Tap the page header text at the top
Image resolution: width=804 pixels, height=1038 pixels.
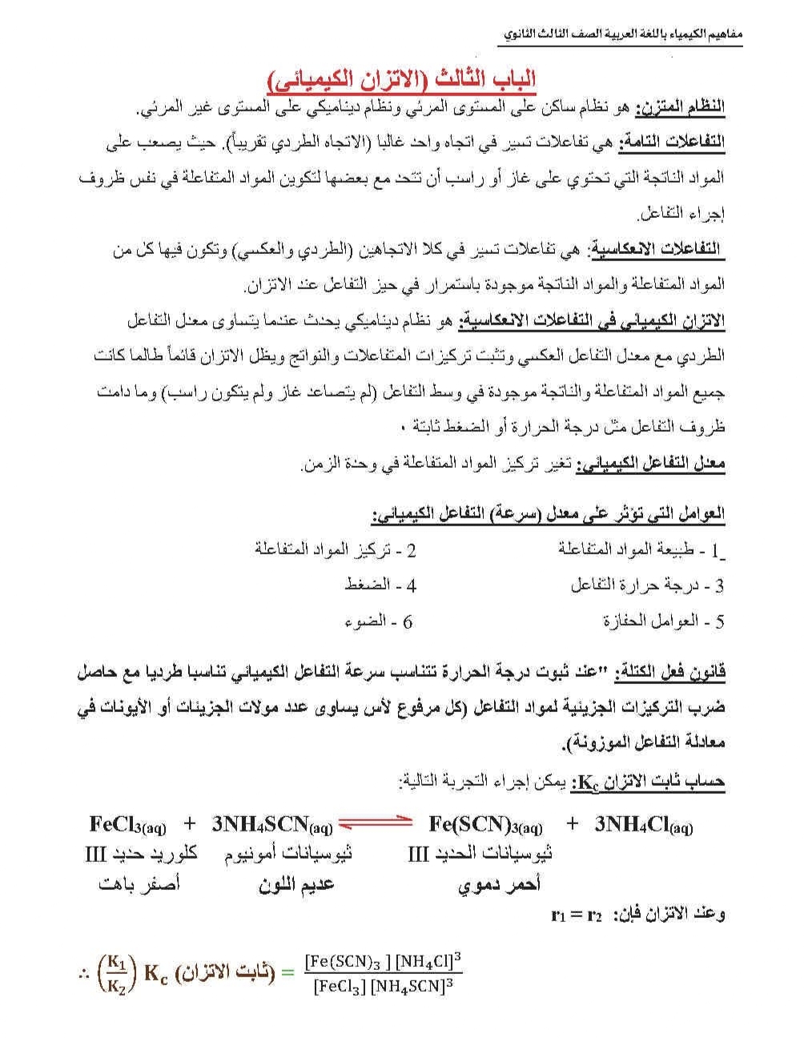[x=624, y=36]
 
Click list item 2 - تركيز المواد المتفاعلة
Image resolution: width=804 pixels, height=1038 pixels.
[x=336, y=549]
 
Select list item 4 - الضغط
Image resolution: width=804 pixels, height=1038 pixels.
[x=380, y=585]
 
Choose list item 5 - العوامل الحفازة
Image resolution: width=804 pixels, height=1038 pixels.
[x=663, y=621]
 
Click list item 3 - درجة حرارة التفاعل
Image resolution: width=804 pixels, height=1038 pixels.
[x=647, y=585]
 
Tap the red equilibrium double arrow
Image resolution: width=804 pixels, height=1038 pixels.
[x=375, y=824]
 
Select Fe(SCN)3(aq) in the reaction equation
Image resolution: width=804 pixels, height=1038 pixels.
[x=485, y=824]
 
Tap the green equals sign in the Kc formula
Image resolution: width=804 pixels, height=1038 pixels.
[x=285, y=973]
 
